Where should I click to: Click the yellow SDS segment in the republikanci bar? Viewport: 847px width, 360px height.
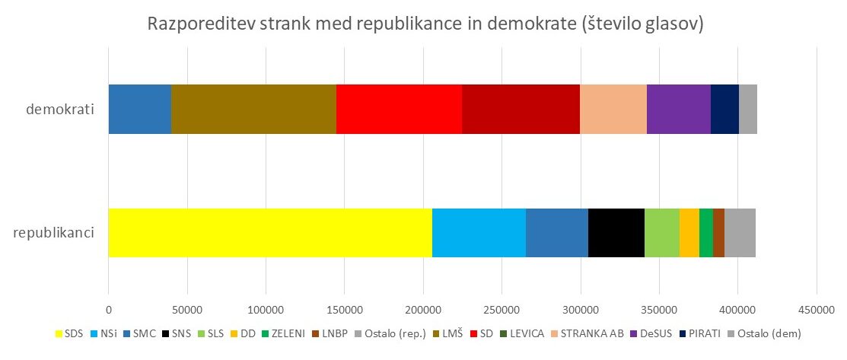[270, 233]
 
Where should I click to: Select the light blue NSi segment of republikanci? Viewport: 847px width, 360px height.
[479, 233]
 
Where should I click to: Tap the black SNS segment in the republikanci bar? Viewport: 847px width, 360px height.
[616, 233]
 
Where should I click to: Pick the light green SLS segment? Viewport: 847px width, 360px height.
[661, 233]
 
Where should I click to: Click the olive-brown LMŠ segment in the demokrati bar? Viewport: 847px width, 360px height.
[253, 110]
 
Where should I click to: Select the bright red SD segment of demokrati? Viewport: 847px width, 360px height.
[399, 110]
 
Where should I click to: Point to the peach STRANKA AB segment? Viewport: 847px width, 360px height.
[613, 110]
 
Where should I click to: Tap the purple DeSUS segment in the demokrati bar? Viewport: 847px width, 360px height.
[678, 110]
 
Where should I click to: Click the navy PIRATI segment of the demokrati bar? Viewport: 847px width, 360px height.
[724, 110]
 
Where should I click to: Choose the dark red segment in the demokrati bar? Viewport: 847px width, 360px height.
[521, 110]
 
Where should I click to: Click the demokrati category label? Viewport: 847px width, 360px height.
[60, 110]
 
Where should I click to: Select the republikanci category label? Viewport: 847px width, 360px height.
[54, 232]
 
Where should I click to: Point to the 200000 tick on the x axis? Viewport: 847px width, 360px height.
[423, 311]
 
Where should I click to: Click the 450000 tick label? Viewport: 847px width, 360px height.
[816, 311]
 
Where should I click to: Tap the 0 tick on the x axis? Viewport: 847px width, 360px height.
[109, 311]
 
